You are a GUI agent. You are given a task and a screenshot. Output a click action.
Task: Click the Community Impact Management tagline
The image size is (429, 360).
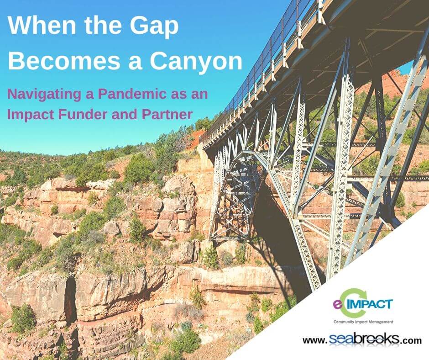click(x=363, y=322)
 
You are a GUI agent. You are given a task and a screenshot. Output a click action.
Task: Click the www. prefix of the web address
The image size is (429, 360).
click(x=315, y=341)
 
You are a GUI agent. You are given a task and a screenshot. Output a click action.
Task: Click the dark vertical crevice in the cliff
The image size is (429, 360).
click(x=70, y=300)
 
